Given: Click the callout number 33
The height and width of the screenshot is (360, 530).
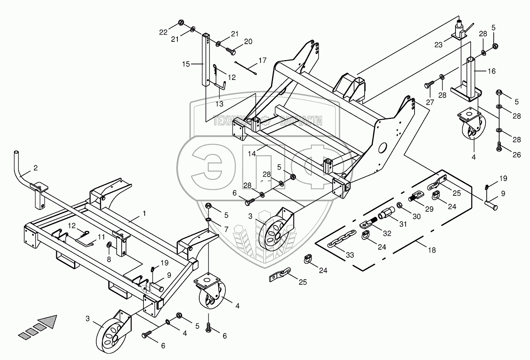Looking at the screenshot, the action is coord(350,255).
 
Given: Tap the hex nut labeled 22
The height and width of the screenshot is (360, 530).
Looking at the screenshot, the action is coord(181,22).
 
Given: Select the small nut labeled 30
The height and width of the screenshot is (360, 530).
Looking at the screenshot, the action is coord(399,205).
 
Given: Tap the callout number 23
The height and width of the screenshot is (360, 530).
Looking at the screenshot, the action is coord(438,45).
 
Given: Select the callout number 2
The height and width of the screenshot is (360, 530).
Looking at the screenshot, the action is coord(35,168).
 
